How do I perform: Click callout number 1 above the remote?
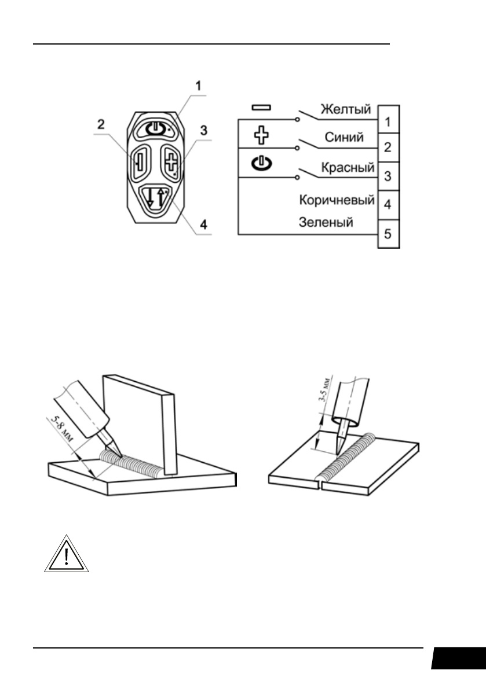(198, 85)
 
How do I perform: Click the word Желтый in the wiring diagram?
(346, 108)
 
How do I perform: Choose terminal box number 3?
(389, 175)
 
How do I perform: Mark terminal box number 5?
(389, 234)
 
